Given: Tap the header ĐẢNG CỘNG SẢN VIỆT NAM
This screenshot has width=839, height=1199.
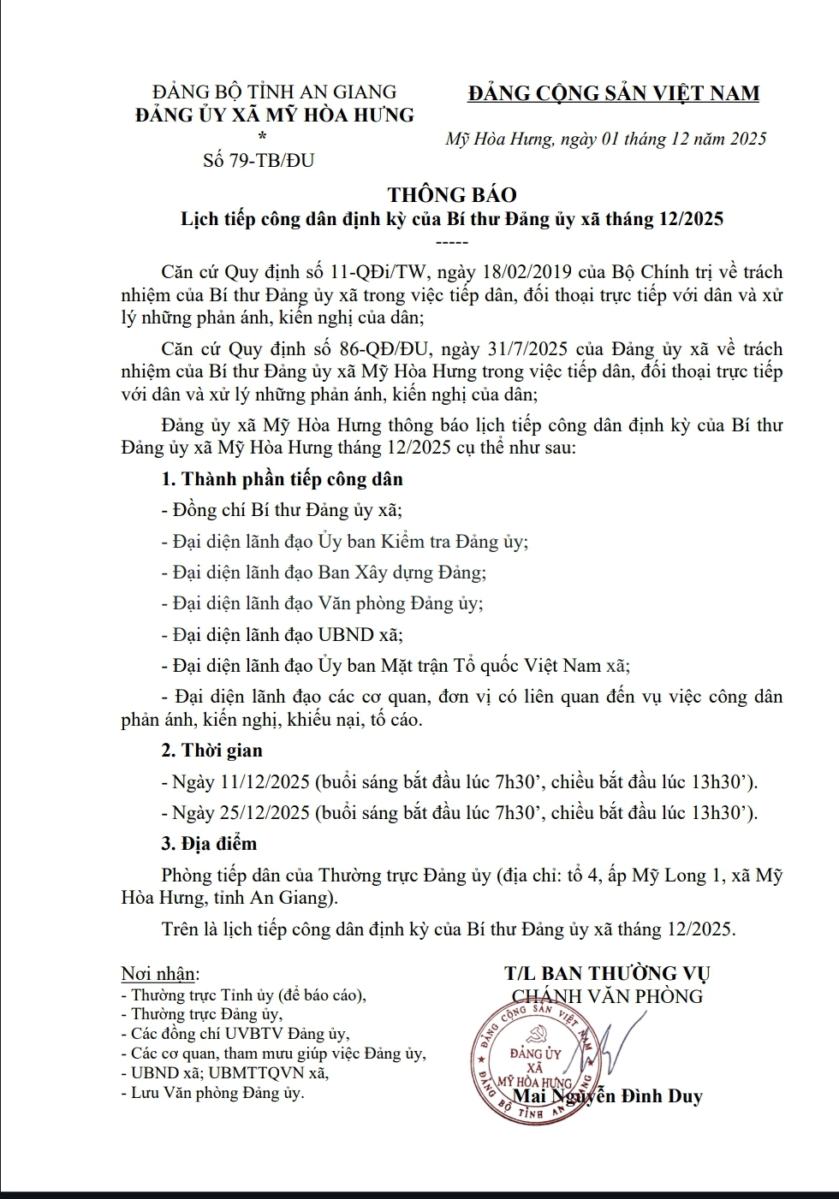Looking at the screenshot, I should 613,93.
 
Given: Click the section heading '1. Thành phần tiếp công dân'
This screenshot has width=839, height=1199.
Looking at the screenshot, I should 282,479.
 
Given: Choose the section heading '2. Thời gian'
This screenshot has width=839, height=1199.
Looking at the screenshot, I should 211,751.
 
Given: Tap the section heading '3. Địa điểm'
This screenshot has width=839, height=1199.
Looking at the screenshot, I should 209,844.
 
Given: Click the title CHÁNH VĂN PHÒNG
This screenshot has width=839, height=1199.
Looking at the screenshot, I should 606,995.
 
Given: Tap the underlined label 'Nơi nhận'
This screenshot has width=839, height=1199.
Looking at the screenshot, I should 160,974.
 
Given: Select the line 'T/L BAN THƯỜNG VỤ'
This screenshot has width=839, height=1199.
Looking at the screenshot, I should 607,973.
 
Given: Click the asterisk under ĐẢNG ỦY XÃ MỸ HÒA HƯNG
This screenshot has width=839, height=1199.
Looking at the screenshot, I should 262,137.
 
